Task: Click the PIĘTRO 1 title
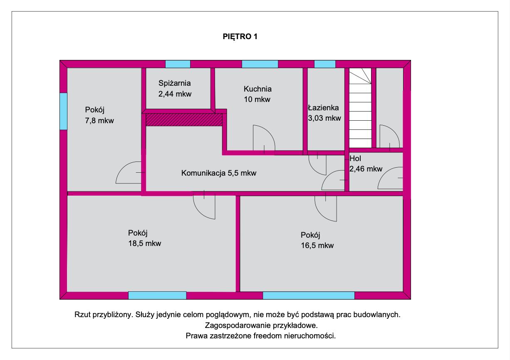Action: [240, 37]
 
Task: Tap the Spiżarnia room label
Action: [175, 83]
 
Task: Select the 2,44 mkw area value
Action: [175, 94]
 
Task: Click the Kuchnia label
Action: [257, 89]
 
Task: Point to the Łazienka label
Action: [323, 107]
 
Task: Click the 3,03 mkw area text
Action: [324, 118]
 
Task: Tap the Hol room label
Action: [355, 158]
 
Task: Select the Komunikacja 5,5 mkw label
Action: [219, 173]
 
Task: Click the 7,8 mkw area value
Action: [99, 121]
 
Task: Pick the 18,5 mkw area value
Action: [145, 243]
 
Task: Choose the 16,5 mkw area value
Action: [317, 246]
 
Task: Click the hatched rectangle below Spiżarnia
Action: [184, 119]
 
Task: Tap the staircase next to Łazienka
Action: [360, 108]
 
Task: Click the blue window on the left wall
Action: [64, 111]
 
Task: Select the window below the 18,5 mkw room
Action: [157, 295]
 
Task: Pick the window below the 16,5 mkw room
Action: [309, 295]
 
